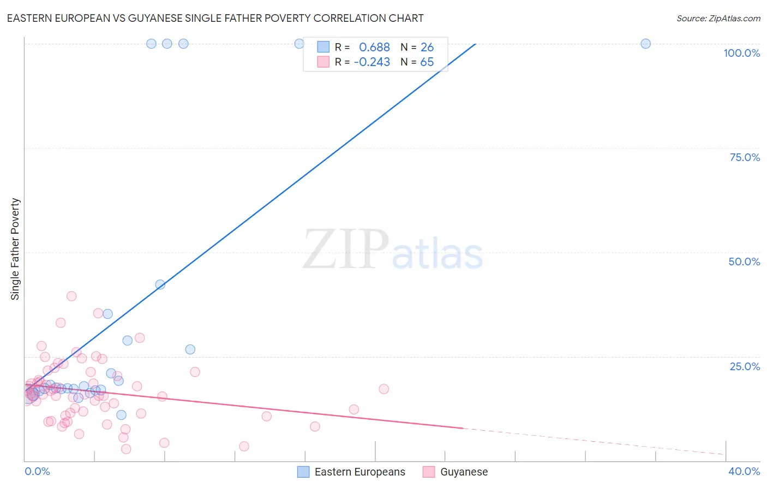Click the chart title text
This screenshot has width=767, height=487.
click(x=215, y=18)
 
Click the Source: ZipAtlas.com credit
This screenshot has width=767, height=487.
click(x=718, y=19)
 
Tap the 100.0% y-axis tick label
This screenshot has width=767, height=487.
click(x=741, y=53)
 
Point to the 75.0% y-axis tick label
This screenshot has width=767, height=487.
click(x=745, y=157)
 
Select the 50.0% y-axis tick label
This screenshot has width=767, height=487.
click(x=744, y=262)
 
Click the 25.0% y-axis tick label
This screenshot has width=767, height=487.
click(x=745, y=366)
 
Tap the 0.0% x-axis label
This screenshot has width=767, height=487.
click(x=37, y=471)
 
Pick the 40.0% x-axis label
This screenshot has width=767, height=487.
click(x=744, y=471)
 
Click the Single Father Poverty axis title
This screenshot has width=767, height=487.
click(x=15, y=249)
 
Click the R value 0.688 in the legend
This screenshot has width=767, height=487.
click(x=374, y=47)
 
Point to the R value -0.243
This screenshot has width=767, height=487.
click(x=371, y=62)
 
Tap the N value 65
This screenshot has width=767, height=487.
click(x=427, y=62)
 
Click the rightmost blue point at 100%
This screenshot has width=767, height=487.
click(x=645, y=44)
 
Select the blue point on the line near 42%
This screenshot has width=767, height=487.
click(x=160, y=284)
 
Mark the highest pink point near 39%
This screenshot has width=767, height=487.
click(x=71, y=296)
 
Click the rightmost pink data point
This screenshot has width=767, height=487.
click(x=383, y=389)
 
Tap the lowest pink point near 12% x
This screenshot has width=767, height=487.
click(x=244, y=446)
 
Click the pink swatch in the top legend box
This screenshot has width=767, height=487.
click(x=323, y=62)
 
